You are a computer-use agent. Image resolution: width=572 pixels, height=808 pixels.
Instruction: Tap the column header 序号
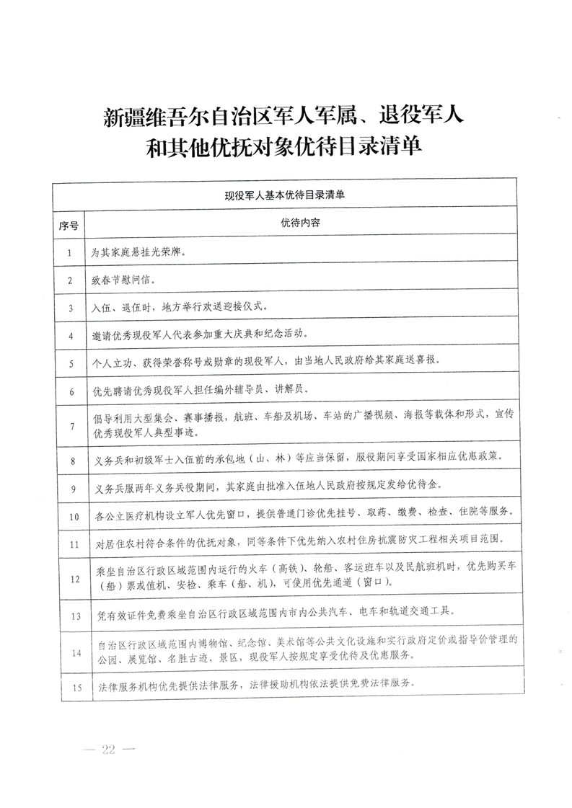pos(69,224)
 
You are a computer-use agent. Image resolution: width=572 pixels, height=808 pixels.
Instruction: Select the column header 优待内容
pos(301,223)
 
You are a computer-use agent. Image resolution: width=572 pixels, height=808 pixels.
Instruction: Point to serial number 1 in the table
pos(69,253)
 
